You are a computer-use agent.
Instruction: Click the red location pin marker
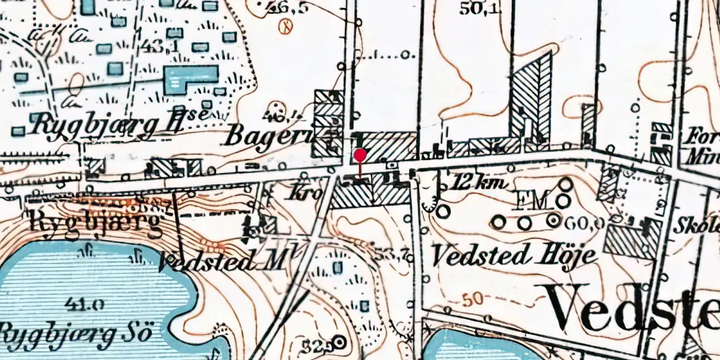[x=360, y=156]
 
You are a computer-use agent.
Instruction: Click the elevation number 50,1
[x=480, y=9]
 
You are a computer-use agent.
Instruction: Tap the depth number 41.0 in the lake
[x=85, y=303]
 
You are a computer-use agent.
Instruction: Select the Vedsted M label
[x=222, y=260]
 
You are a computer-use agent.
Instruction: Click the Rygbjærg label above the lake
[x=95, y=220]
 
